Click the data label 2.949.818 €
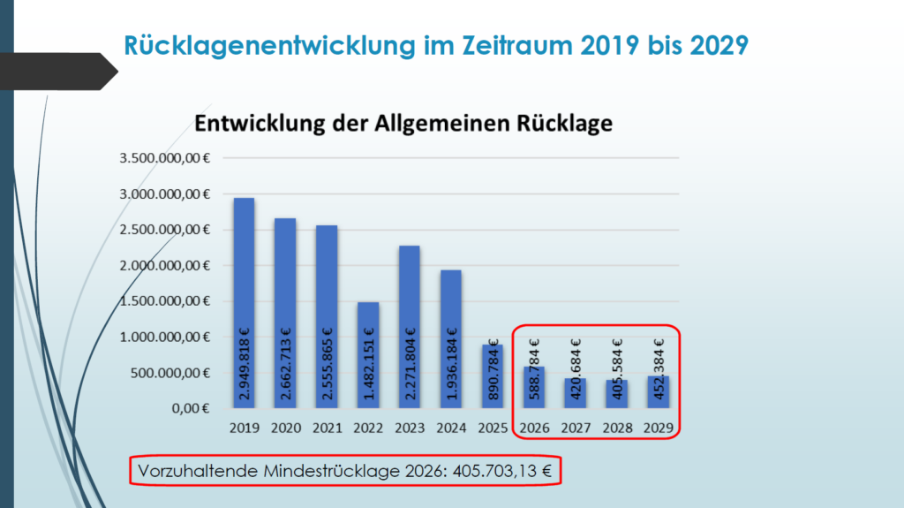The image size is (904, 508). click(245, 366)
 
